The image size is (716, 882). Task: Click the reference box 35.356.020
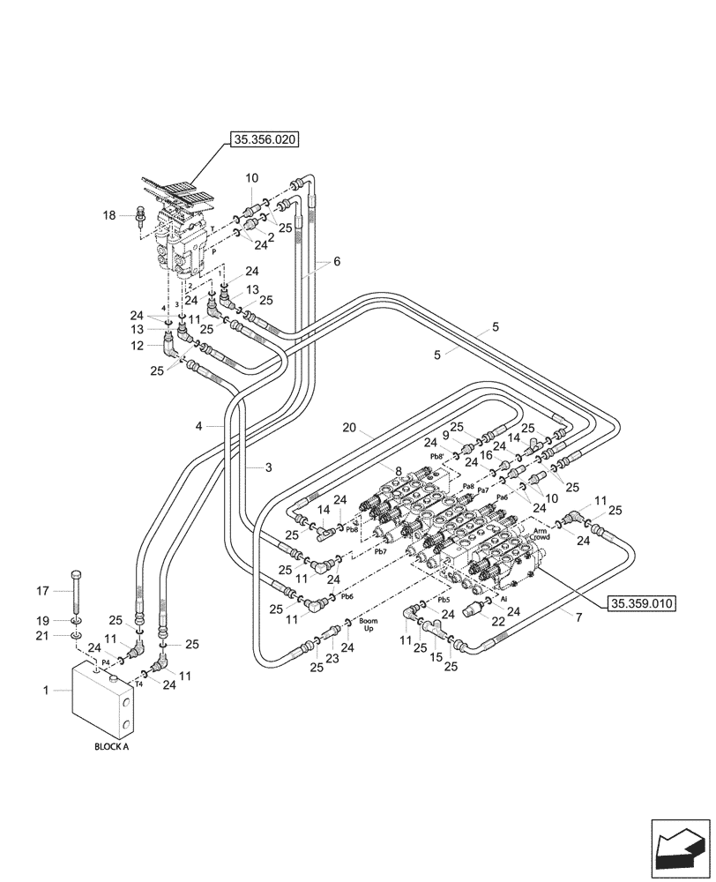pyautogui.click(x=265, y=138)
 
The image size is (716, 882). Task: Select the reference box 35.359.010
pyautogui.click(x=641, y=604)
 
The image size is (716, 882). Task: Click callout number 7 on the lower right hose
pyautogui.click(x=578, y=617)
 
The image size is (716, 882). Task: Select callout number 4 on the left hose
pyautogui.click(x=199, y=426)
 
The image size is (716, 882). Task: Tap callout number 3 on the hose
pyautogui.click(x=265, y=467)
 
